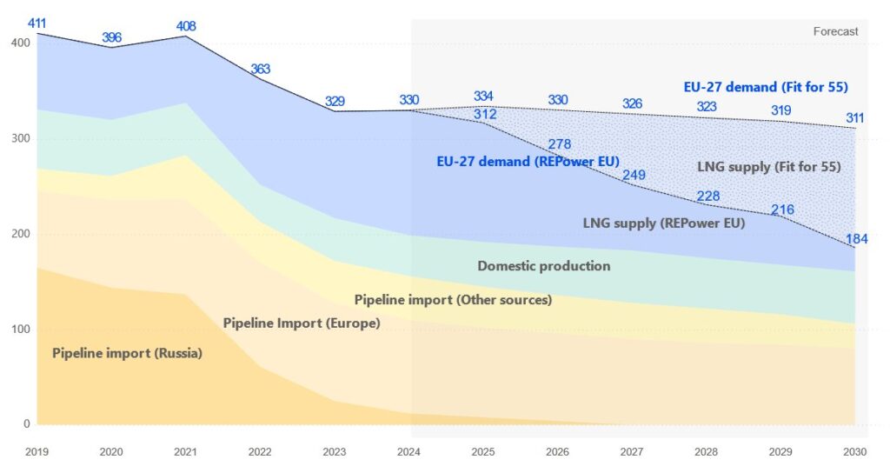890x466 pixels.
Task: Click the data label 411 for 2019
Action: [x=37, y=21]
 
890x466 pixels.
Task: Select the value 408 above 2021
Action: [x=186, y=26]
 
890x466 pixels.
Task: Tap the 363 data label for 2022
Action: [x=260, y=69]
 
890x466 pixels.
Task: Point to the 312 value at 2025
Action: [x=485, y=114]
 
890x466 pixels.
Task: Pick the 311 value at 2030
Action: [x=855, y=117]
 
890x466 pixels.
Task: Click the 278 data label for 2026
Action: [x=560, y=143]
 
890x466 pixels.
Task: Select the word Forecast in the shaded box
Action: [x=835, y=31]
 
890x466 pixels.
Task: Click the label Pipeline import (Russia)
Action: [x=127, y=353]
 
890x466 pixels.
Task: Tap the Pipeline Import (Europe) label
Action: [x=302, y=323]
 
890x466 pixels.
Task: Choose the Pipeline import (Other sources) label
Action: [x=453, y=300]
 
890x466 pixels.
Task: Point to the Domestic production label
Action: [x=544, y=266]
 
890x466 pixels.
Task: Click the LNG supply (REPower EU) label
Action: [x=663, y=223]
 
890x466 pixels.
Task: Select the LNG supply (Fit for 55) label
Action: [x=768, y=166]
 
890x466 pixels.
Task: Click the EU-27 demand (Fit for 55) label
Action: [x=766, y=87]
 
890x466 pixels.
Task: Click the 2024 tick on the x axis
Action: [x=410, y=452]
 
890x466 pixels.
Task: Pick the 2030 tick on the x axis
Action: [x=856, y=452]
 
